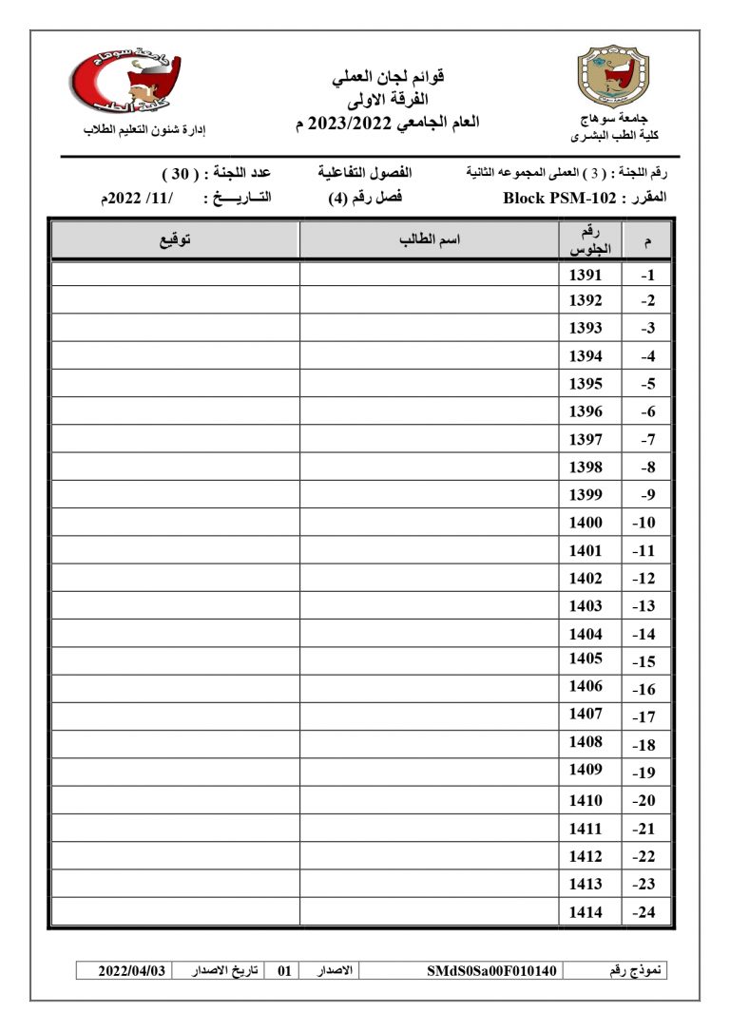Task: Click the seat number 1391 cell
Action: (586, 275)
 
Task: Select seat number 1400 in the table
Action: (586, 523)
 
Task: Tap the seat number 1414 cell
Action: (586, 912)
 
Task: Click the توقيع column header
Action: (175, 240)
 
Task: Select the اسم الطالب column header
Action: (430, 240)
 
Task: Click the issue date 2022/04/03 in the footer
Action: (132, 971)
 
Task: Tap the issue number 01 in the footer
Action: (283, 971)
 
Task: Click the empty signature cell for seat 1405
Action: (175, 660)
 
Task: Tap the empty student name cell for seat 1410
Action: (430, 800)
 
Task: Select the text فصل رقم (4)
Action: (358, 199)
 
